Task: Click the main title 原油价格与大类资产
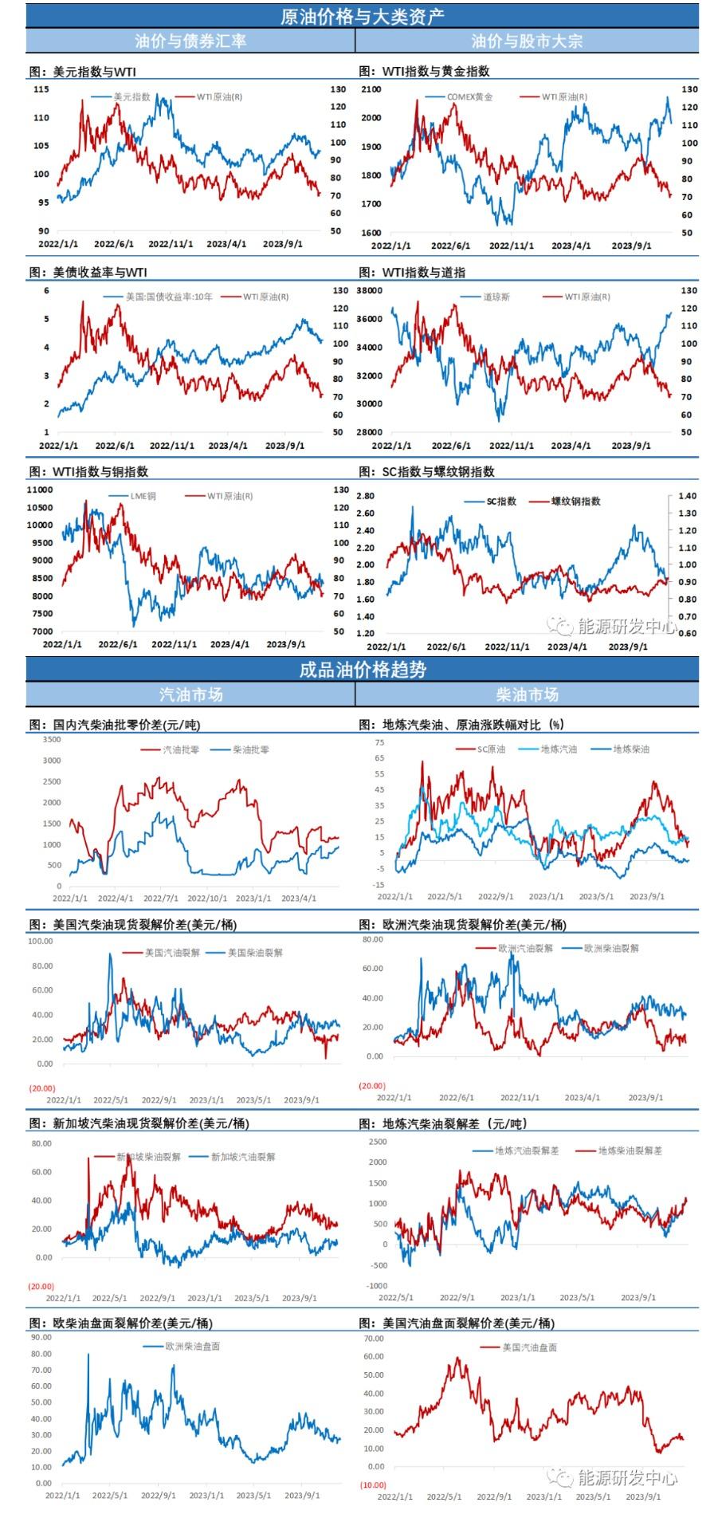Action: pos(363,15)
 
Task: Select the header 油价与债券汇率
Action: pos(190,41)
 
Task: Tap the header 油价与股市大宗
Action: pos(527,41)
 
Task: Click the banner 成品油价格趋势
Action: pos(363,670)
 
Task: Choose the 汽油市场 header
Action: pos(190,695)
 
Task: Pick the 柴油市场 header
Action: pos(527,695)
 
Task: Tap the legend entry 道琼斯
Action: pos(496,297)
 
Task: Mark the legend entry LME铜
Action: pos(143,496)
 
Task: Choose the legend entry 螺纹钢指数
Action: pos(576,501)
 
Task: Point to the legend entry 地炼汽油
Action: pos(559,749)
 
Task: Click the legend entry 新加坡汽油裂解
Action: pos(242,1156)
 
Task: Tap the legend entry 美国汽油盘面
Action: pos(529,1347)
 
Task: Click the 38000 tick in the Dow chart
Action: pos(371,291)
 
